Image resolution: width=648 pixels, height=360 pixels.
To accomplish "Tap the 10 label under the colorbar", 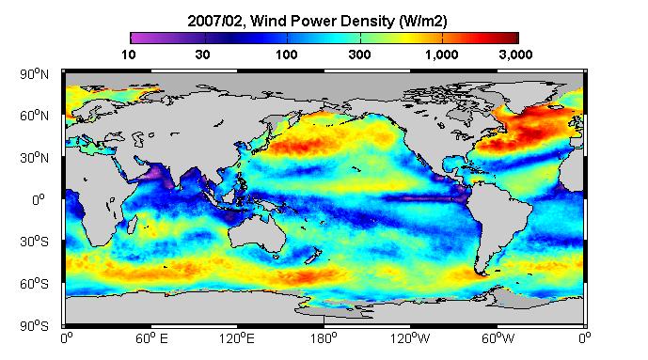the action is (129, 55).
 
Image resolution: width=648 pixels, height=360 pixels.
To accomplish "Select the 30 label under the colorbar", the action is (202, 55).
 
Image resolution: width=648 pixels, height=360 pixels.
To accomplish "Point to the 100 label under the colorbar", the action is (287, 55).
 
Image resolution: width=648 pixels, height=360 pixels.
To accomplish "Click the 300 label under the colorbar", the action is (359, 55).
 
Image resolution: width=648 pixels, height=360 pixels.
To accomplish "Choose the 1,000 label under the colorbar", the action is (441, 55).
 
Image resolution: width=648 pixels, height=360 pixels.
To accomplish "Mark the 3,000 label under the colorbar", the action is (515, 55).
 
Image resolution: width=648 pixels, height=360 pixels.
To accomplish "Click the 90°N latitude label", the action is (34, 74).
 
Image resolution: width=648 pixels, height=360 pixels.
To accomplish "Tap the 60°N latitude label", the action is (34, 116).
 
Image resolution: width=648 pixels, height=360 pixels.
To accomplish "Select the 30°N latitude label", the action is (34, 158).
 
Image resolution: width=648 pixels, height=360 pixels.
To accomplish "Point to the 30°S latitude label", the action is (34, 242).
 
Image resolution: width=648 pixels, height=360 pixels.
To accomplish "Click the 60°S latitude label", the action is (34, 284).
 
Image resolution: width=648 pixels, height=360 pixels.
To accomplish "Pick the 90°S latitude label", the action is (34, 326).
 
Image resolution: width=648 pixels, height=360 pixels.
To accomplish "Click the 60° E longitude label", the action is (151, 338).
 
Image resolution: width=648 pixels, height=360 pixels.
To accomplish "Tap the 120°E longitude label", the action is (237, 338).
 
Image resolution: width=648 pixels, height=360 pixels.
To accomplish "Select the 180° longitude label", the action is (324, 338).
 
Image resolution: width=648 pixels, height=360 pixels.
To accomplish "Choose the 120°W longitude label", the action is (410, 338).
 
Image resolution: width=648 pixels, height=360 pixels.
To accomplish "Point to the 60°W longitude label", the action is (498, 338).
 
